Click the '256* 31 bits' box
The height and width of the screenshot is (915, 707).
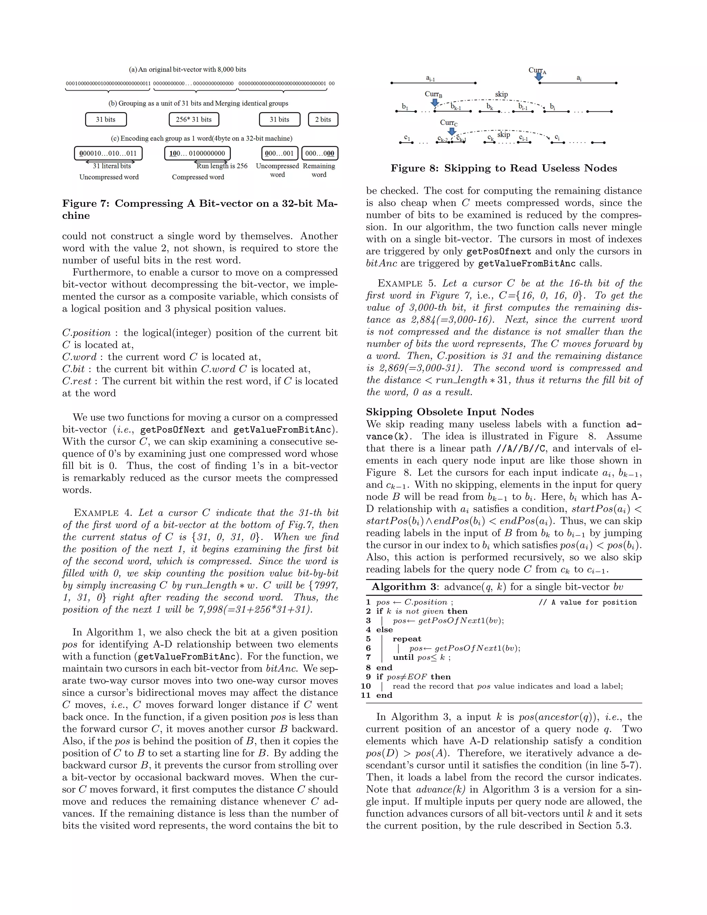[194, 119]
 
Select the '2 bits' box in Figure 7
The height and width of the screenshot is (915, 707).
[323, 119]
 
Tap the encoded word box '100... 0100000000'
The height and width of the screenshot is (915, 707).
[197, 153]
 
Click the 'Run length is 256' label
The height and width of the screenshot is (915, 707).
[222, 166]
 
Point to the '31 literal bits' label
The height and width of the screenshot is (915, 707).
[112, 166]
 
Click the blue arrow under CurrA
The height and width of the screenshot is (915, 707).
[540, 76]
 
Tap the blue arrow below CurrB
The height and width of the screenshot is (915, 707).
[435, 102]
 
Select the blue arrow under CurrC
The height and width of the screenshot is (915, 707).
[452, 131]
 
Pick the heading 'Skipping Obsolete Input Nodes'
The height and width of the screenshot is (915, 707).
[450, 412]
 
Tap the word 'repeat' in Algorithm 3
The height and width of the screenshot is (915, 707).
[407, 639]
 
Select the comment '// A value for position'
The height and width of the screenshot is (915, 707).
[587, 603]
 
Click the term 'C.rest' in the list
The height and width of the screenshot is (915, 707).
[77, 381]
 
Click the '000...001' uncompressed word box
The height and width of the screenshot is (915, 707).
[279, 153]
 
